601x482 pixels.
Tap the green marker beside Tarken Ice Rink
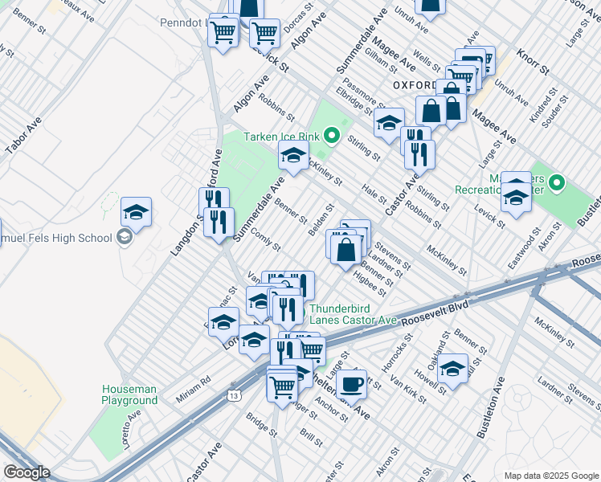click(x=331, y=134)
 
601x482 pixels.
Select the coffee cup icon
click(x=350, y=384)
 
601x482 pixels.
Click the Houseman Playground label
click(x=129, y=394)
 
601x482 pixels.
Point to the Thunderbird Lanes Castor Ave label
click(x=354, y=314)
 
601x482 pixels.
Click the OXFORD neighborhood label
click(x=415, y=84)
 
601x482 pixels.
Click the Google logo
click(x=27, y=472)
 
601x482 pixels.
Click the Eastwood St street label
click(x=528, y=239)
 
